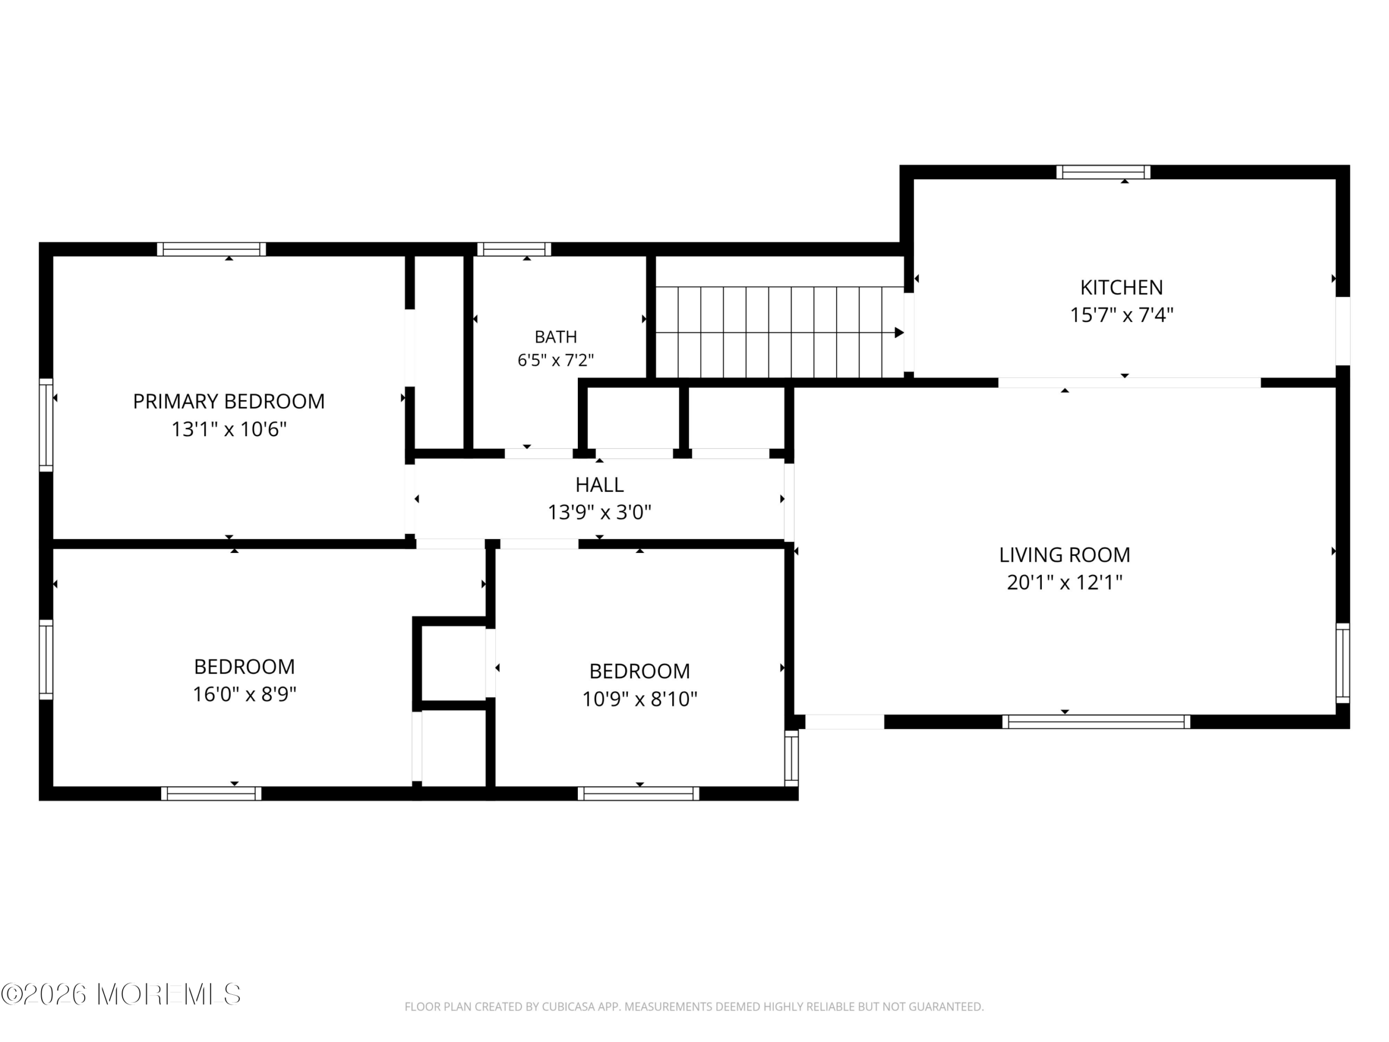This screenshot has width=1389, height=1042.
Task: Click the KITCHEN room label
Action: (x=1122, y=288)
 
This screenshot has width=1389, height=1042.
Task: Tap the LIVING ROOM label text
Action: (x=1065, y=555)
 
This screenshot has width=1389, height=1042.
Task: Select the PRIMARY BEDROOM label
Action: (x=228, y=402)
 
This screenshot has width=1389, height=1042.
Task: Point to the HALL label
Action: (x=600, y=485)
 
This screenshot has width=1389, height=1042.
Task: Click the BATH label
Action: (x=556, y=337)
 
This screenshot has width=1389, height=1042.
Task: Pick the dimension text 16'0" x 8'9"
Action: (x=244, y=695)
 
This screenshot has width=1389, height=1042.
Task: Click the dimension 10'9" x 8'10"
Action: (x=640, y=699)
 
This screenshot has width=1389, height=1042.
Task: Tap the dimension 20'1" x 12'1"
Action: (x=1065, y=583)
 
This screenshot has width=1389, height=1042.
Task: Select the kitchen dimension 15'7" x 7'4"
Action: (x=1122, y=315)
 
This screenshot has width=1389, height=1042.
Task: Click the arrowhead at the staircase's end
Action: (x=899, y=333)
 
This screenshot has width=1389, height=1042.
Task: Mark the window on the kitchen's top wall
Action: (x=1103, y=172)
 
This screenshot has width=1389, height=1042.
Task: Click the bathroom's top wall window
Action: (x=514, y=249)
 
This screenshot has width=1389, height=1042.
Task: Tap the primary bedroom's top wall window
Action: (x=212, y=249)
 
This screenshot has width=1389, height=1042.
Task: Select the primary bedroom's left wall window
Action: (x=46, y=424)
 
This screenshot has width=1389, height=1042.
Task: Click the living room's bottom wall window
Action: (x=1097, y=722)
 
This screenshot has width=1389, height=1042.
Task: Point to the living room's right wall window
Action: (x=1342, y=663)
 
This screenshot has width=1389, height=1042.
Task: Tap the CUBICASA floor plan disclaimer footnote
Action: (x=694, y=1007)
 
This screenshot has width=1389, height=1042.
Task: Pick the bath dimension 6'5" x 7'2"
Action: (x=556, y=360)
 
